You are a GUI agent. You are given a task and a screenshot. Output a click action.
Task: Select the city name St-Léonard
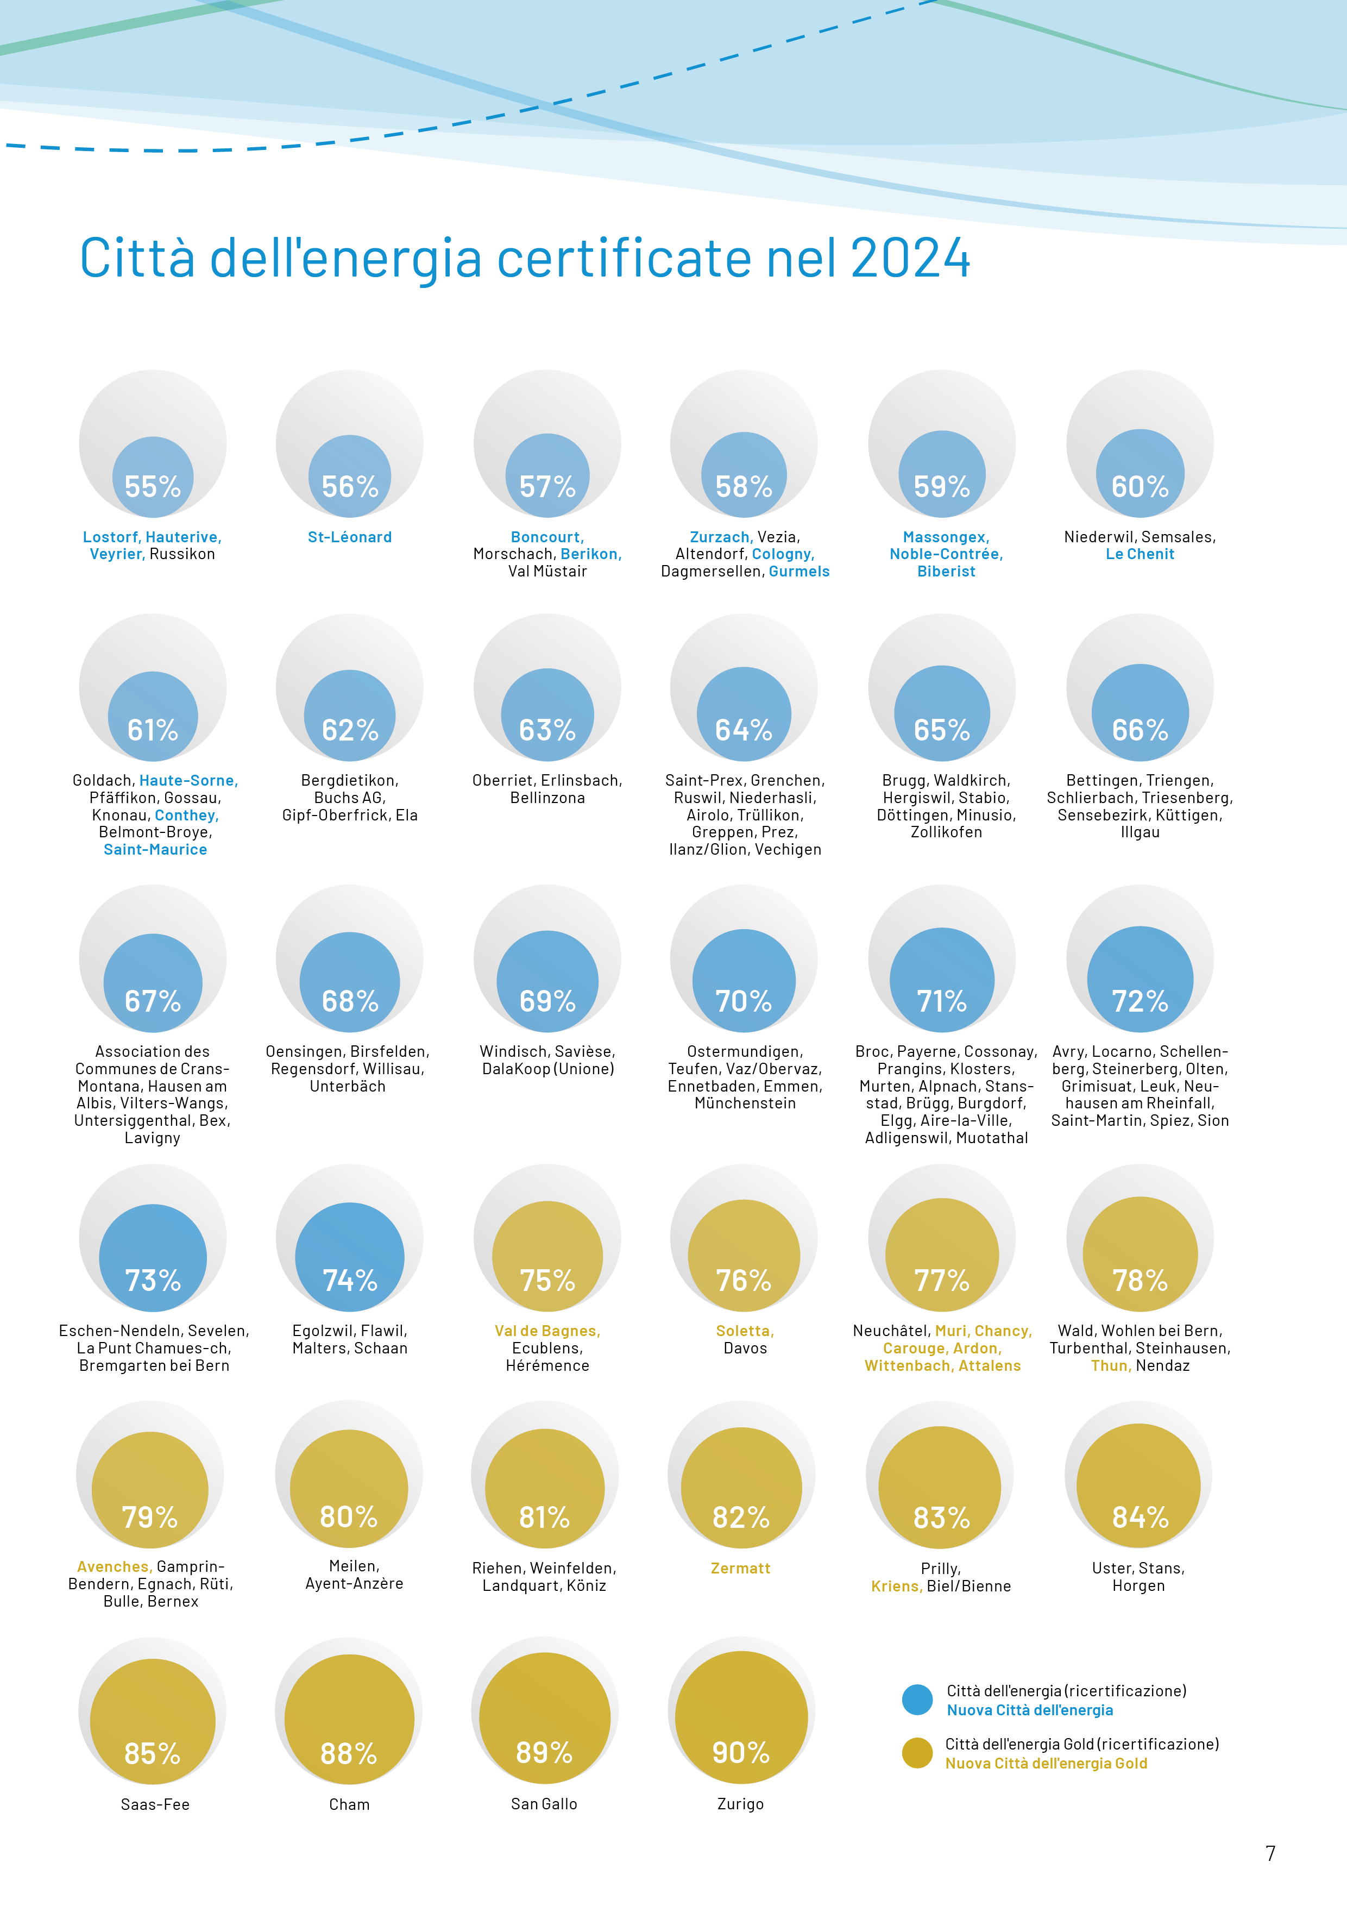pos(349,537)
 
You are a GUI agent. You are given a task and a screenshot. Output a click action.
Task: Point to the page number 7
pos(1270,1853)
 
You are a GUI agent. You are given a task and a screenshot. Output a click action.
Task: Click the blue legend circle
pos(917,1700)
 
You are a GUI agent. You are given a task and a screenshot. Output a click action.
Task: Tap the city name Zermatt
pos(740,1568)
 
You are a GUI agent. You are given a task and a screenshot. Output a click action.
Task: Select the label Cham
pos(349,1804)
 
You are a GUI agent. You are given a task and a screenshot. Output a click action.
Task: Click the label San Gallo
pos(544,1803)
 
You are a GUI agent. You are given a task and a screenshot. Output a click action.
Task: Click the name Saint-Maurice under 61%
pos(155,849)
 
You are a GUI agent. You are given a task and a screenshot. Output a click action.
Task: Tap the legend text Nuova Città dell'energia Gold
pos(1046,1763)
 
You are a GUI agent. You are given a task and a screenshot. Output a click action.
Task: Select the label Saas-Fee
pos(155,1804)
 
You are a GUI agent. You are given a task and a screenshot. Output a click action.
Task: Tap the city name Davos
pos(745,1348)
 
